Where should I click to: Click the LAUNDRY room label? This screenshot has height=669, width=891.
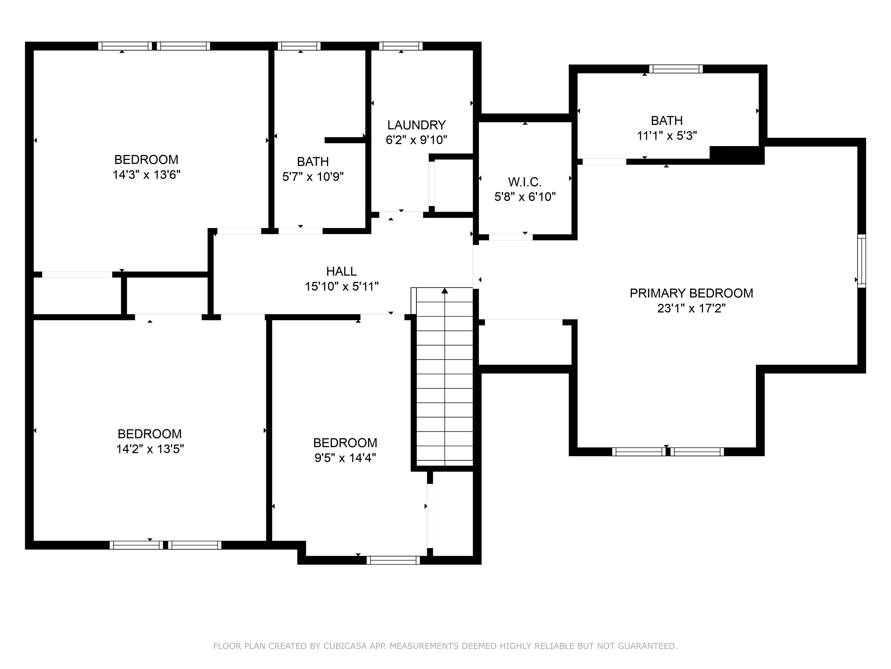coord(416,125)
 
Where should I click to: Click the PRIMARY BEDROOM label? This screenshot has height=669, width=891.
coord(691,293)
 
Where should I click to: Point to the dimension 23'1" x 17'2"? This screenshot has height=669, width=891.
coord(691,308)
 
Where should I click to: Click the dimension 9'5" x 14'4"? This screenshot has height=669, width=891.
coord(345,458)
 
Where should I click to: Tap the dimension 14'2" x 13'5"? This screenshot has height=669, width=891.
coord(150,449)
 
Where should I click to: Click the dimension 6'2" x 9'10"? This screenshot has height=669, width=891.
coord(416,140)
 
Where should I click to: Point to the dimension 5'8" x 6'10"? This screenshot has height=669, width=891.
coord(525,197)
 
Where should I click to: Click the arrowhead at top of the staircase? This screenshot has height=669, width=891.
coord(445,290)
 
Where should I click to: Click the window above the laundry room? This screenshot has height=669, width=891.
coord(401,46)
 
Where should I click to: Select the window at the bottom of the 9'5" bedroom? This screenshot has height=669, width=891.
coord(393,560)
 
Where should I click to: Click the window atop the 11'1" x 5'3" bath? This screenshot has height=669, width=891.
coord(676,69)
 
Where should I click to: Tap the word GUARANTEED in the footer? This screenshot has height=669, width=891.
coord(647,646)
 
